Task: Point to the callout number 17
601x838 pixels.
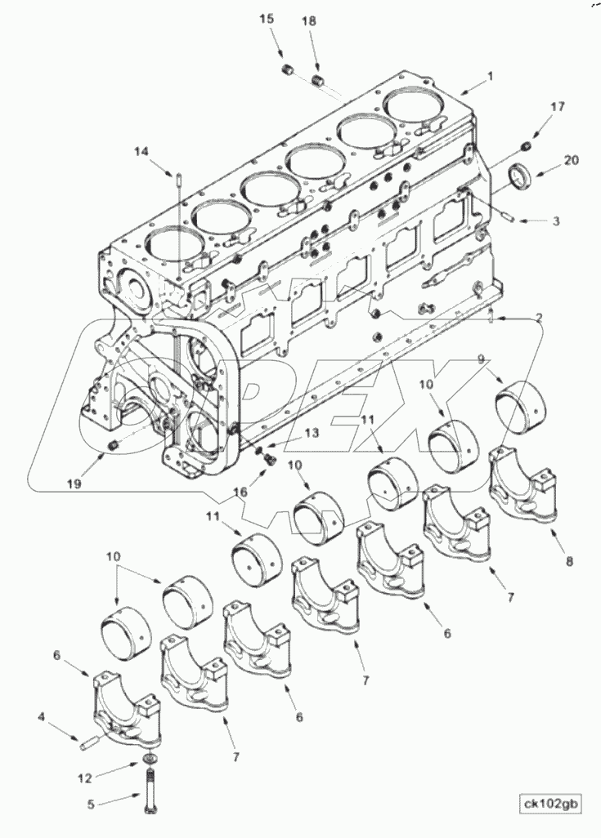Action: pyautogui.click(x=557, y=106)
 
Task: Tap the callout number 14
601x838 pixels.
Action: pyautogui.click(x=141, y=151)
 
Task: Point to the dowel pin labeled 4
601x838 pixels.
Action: pyautogui.click(x=89, y=742)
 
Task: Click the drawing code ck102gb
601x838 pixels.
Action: pyautogui.click(x=550, y=805)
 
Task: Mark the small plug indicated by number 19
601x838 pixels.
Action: pyautogui.click(x=114, y=445)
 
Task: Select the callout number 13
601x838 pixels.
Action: pyautogui.click(x=289, y=434)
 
